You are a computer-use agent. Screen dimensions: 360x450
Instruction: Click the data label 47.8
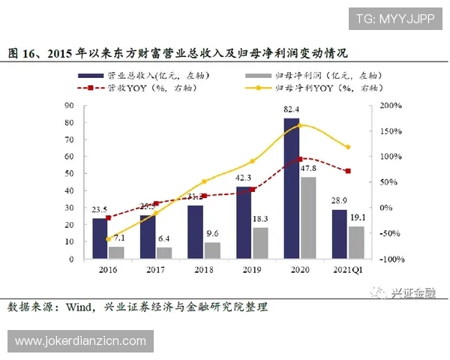tap(309, 169)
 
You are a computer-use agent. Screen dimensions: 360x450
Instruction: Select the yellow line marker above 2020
tap(300, 124)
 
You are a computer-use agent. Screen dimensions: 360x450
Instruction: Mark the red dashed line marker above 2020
tap(300, 159)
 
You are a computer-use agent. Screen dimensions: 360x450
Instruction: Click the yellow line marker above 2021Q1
tap(347, 147)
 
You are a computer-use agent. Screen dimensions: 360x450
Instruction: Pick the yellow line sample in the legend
tap(259, 88)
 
